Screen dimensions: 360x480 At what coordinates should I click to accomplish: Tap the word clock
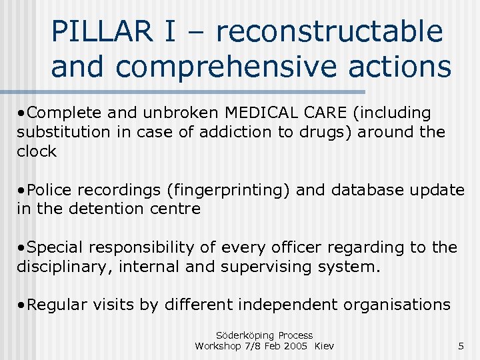click(37, 151)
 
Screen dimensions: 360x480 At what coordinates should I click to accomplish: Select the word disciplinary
click(60, 267)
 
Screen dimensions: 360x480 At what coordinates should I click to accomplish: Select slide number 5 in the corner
click(461, 346)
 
